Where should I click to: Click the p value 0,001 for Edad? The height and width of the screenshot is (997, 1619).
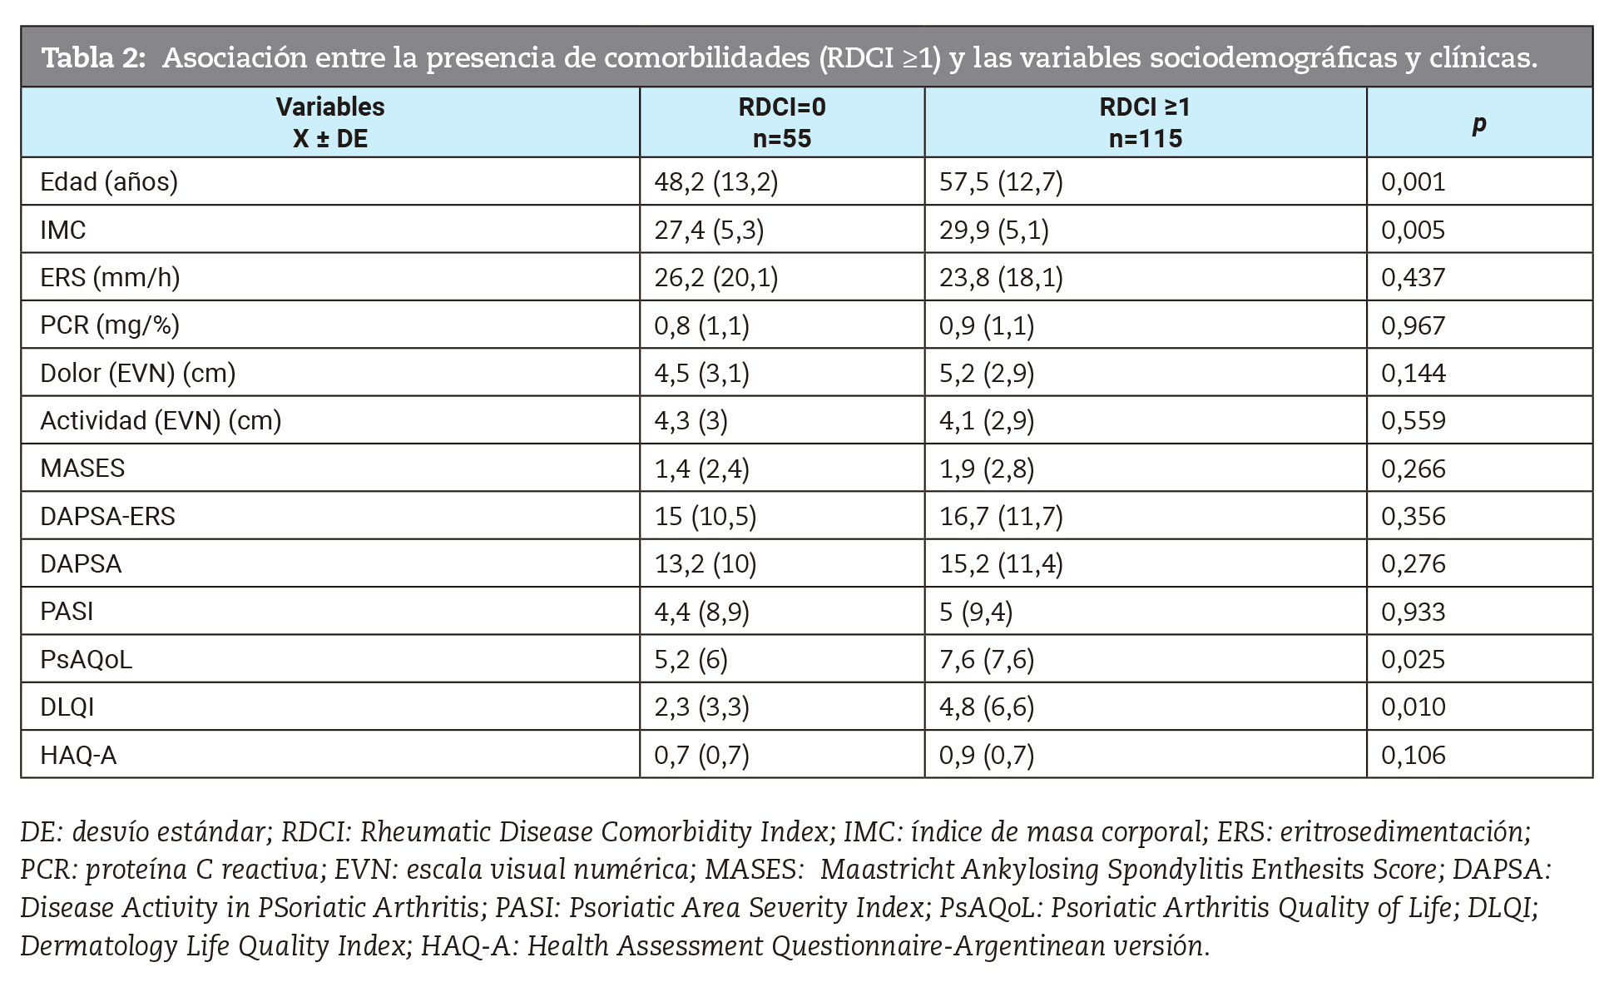point(1413,181)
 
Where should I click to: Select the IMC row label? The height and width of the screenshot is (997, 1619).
point(63,230)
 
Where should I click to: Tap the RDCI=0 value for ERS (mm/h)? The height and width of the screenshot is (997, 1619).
point(715,277)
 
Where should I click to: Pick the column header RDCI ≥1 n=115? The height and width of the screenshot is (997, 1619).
point(1145,122)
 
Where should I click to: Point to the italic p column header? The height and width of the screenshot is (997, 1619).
point(1478,124)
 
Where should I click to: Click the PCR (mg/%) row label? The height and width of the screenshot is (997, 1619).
point(110,325)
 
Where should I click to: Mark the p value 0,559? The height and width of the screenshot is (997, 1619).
point(1413,420)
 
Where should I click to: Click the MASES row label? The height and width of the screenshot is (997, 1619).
point(82,468)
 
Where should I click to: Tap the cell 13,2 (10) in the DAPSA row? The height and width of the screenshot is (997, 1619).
point(705,563)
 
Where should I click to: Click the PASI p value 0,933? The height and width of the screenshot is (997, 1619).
point(1413,612)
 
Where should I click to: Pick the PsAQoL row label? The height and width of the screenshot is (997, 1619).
point(86,659)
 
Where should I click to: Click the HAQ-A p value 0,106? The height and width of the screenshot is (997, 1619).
point(1413,755)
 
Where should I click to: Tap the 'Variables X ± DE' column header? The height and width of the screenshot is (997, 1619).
point(330,122)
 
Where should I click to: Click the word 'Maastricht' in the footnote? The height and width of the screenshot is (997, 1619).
point(887,869)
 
